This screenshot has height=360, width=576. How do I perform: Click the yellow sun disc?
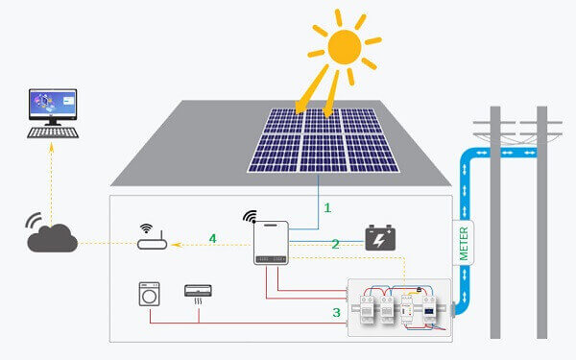345,47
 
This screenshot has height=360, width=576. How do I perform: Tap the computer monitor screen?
53,103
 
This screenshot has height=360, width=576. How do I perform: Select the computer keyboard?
53,132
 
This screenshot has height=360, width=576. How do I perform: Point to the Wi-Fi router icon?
152,237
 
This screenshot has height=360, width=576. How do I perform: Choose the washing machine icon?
149,294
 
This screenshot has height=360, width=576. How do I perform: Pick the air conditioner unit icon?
198,295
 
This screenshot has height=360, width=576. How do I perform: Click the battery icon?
380,238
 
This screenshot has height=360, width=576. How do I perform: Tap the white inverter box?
271,243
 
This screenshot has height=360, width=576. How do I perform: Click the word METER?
464,243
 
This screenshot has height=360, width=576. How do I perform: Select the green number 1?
327,208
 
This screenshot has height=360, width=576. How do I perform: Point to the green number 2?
335,244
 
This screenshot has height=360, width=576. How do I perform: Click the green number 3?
337,313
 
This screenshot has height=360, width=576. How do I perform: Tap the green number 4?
213,238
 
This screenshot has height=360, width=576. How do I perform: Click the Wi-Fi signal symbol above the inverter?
250,217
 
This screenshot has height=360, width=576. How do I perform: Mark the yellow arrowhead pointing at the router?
177,245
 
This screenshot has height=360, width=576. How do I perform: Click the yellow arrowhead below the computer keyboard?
52,147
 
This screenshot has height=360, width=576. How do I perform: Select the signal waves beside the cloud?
33,220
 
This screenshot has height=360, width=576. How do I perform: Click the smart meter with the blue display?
429,310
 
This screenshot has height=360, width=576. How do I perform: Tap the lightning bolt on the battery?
380,240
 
